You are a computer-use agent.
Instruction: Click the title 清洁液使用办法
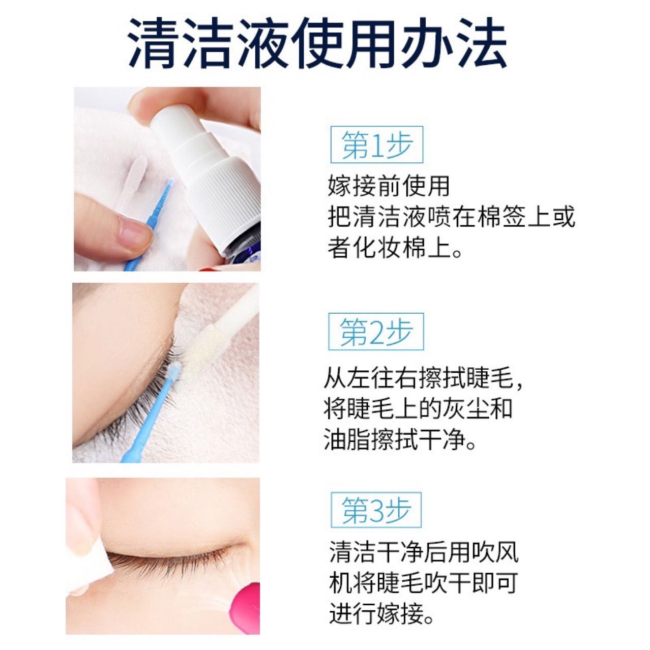[318, 45]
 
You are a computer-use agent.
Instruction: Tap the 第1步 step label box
[376, 145]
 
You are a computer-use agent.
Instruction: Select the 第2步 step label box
[376, 332]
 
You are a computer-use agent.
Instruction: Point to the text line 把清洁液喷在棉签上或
[451, 218]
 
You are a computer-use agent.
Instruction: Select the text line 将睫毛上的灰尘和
[418, 408]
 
